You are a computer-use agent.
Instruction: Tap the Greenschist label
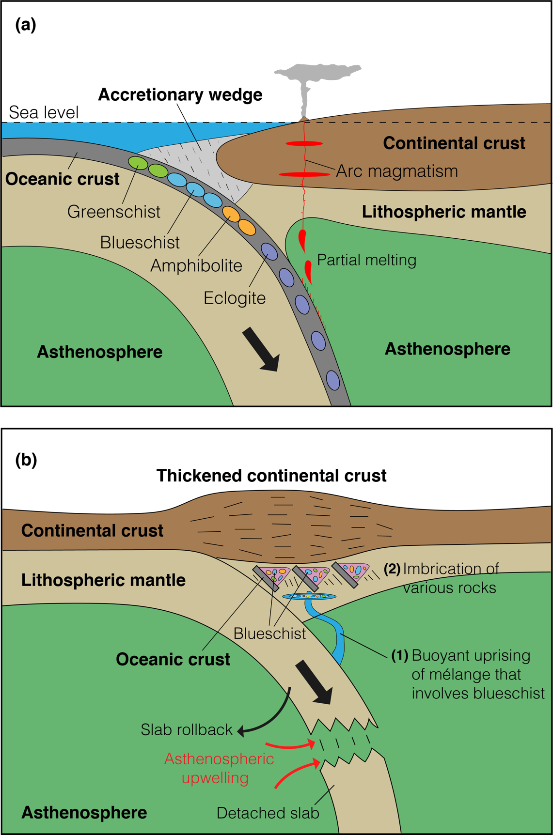[114, 212]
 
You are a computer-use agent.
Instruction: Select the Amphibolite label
[196, 265]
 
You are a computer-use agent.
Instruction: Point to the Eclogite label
[235, 298]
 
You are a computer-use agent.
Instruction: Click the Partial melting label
[366, 260]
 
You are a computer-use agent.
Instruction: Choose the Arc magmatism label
[397, 171]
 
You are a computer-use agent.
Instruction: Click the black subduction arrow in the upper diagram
[261, 349]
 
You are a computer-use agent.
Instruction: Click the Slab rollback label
[187, 729]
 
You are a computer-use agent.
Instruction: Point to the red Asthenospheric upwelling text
[219, 768]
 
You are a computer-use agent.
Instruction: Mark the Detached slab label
[268, 813]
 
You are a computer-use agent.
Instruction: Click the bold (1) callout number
[400, 655]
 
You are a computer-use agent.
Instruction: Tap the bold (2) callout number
[392, 569]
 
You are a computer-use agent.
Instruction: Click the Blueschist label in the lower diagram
[269, 634]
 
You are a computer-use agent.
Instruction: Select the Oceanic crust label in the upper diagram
[62, 179]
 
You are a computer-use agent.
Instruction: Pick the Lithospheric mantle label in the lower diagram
[103, 580]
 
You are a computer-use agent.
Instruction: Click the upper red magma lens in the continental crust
[304, 143]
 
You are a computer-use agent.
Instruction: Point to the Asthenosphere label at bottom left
[84, 812]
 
